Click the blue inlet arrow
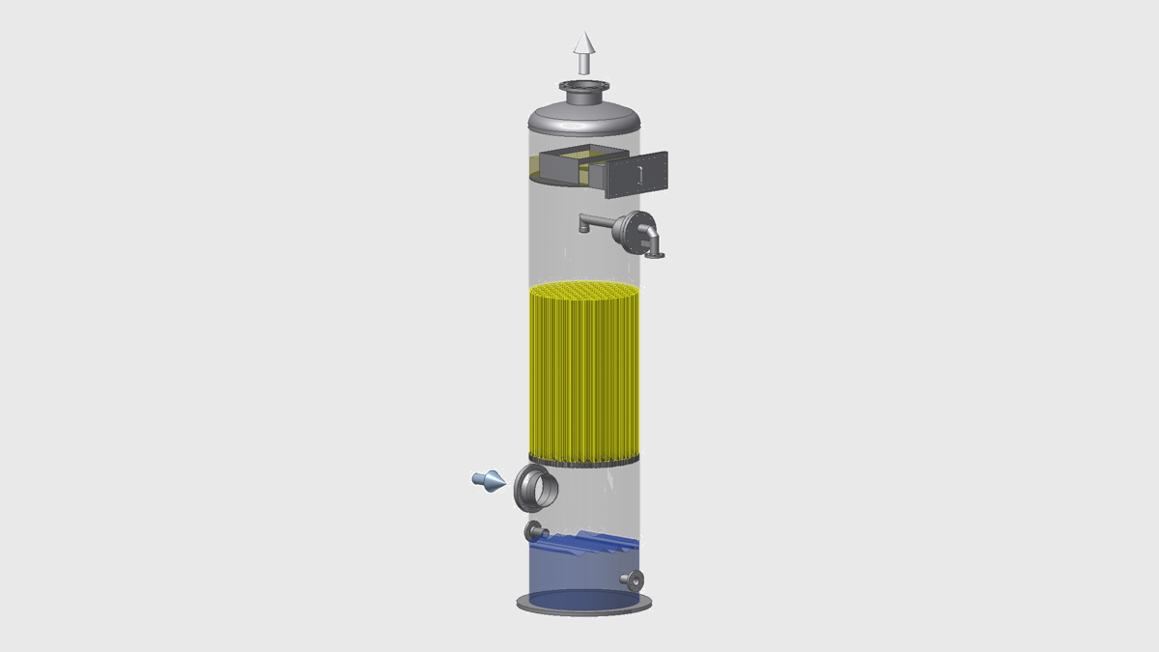pyautogui.click(x=488, y=479)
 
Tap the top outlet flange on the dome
pyautogui.click(x=584, y=94)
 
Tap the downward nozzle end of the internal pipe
pyautogui.click(x=581, y=229)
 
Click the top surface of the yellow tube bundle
pyautogui.click(x=583, y=292)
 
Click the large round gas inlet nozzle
pyautogui.click(x=531, y=487)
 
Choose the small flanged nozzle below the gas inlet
pyautogui.click(x=534, y=531)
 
